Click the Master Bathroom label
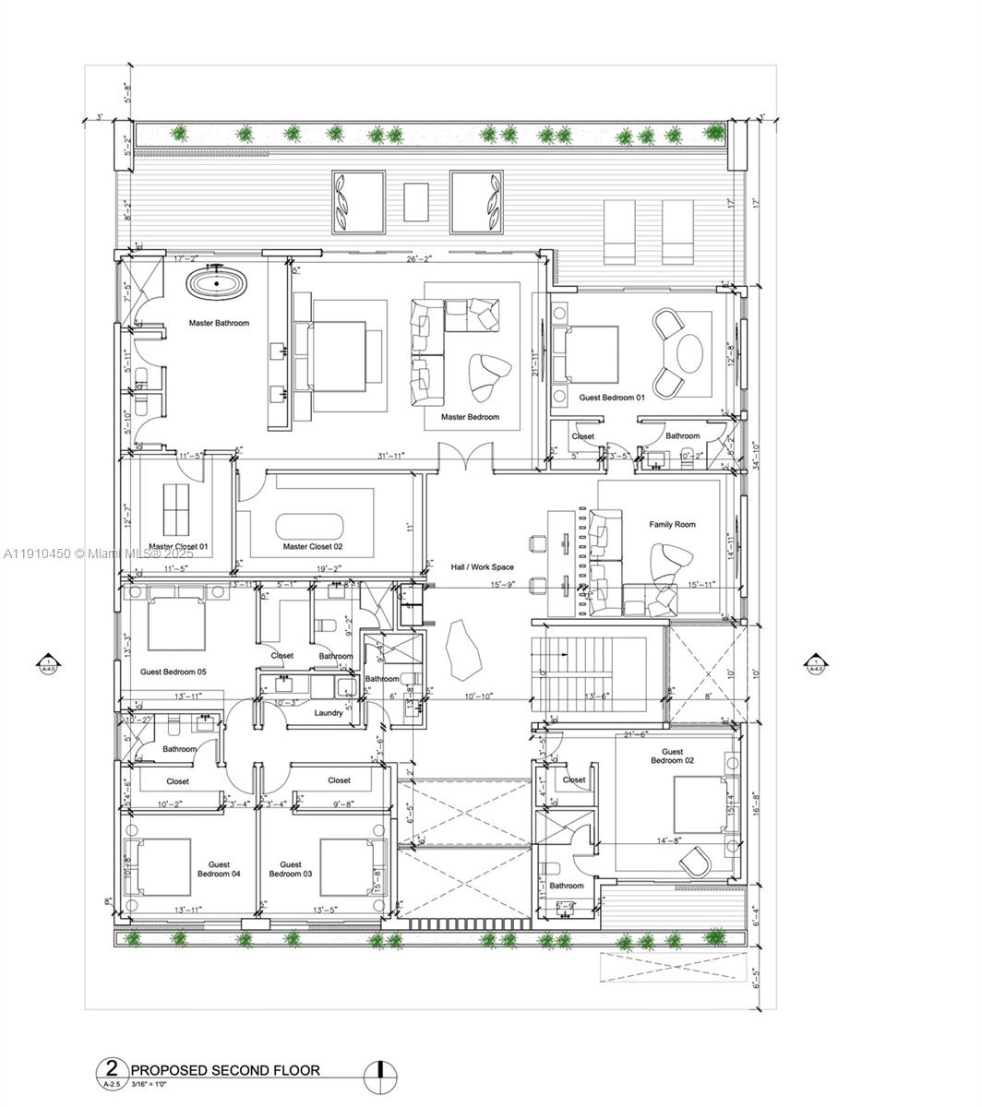[219, 323]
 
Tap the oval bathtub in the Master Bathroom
[217, 283]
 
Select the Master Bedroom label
[470, 417]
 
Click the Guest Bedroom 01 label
[612, 397]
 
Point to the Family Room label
[672, 524]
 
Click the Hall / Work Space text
[482, 567]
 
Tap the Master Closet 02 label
[313, 547]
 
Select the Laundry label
[329, 712]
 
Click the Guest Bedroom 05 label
[173, 672]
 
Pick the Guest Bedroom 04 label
[219, 869]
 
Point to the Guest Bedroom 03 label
[291, 869]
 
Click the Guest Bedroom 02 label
[671, 756]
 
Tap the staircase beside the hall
[577, 673]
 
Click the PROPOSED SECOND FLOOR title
[225, 1070]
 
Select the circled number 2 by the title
[112, 1070]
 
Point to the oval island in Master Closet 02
[309, 527]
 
